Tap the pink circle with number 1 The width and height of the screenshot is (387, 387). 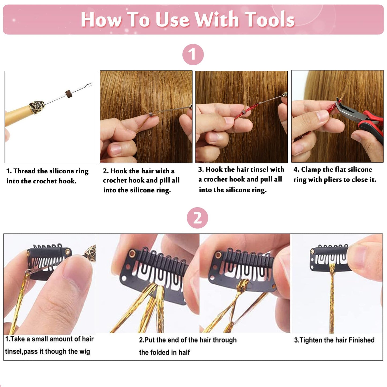[x=193, y=55]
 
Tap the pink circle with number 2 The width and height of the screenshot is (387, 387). [x=197, y=218]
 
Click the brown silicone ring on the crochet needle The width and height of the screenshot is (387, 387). [x=69, y=94]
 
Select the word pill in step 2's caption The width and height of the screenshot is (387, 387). [x=165, y=181]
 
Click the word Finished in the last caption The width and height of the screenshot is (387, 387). [x=361, y=340]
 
